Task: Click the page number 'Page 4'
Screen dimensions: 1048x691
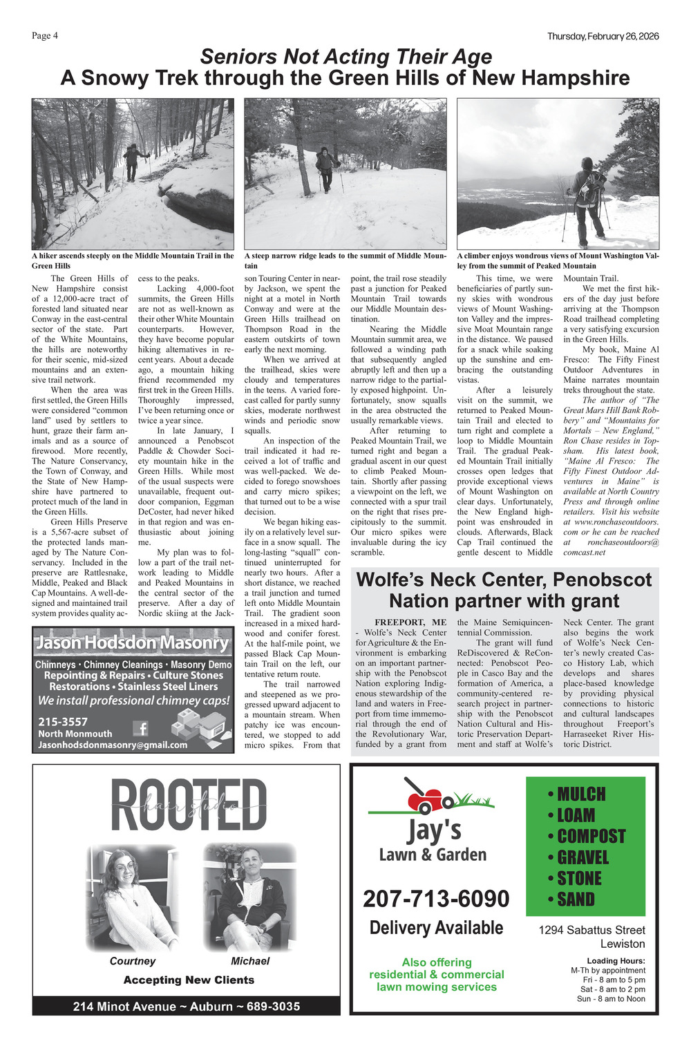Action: (x=45, y=36)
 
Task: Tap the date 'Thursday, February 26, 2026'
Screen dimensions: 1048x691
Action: (x=603, y=37)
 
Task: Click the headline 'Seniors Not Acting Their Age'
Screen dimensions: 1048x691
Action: (x=345, y=57)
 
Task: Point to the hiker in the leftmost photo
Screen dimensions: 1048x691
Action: (x=133, y=161)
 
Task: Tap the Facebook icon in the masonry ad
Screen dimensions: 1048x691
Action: (x=140, y=728)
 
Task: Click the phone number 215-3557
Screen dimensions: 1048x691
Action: (x=63, y=722)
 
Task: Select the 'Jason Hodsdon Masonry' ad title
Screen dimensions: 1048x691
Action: (x=132, y=642)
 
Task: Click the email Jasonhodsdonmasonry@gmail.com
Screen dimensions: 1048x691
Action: (x=113, y=745)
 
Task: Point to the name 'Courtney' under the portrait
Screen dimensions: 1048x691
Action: (x=133, y=961)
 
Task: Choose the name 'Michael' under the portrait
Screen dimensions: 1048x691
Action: (x=250, y=961)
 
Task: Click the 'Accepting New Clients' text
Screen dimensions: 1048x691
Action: (x=189, y=980)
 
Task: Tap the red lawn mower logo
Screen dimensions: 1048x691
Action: (x=428, y=796)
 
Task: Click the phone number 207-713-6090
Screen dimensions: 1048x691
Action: (x=436, y=899)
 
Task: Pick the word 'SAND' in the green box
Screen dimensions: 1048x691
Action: (x=576, y=899)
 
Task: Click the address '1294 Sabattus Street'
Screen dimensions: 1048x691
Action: (x=591, y=931)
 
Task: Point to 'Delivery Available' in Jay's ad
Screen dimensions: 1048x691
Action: (x=436, y=928)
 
